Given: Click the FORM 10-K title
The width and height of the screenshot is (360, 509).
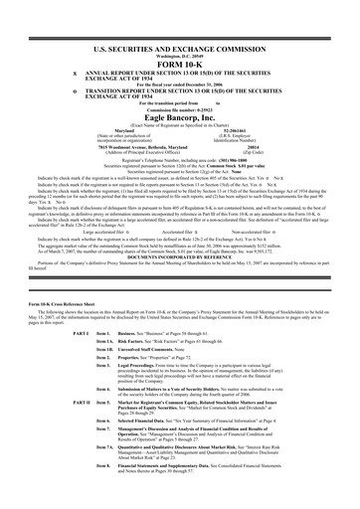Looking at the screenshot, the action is click(179, 38).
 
